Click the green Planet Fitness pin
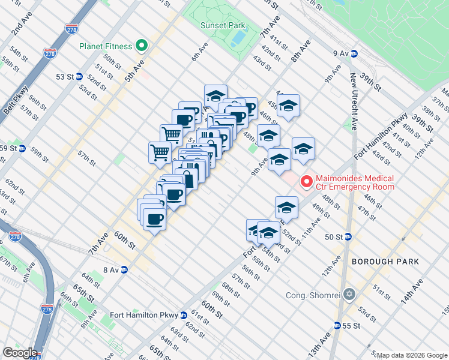pos(142,46)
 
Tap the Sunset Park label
pos(224,26)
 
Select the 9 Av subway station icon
pos(354,53)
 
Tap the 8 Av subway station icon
pos(124,270)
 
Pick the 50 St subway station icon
pos(348,237)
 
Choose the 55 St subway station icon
pos(337,326)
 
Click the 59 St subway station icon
pos(22,148)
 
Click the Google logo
pos(20,353)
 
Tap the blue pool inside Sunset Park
pos(238,38)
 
